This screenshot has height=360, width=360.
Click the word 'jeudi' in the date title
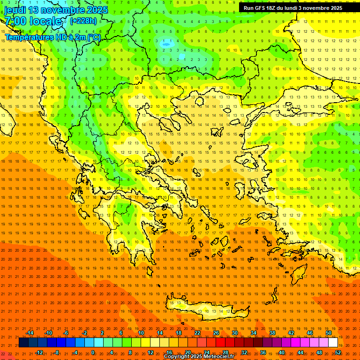[x=15, y=10]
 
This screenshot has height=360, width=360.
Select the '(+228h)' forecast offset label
[x=83, y=21]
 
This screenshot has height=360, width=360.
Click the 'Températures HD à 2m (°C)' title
[x=52, y=37]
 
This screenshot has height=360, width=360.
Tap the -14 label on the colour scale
[x=30, y=333]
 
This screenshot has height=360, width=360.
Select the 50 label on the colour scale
[x=329, y=333]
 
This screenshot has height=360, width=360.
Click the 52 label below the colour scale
[x=338, y=352]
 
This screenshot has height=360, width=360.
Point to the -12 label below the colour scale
[x=39, y=352]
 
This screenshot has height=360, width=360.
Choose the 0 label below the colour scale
[x=93, y=352]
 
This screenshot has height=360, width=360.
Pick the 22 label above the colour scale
[x=197, y=333]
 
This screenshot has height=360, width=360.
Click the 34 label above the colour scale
[x=254, y=333]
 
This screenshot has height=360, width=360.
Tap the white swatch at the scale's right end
[x=333, y=343]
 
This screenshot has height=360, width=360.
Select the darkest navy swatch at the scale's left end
[x=23, y=343]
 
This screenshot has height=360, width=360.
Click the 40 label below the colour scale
[x=282, y=352]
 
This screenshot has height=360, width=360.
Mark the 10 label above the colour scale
[x=141, y=333]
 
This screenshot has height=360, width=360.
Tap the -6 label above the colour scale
[x=66, y=333]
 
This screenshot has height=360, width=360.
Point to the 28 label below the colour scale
[x=225, y=352]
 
